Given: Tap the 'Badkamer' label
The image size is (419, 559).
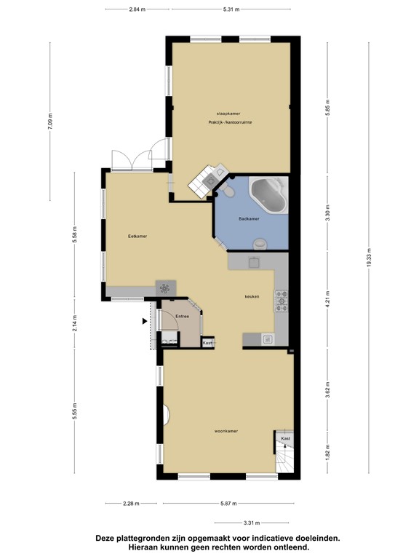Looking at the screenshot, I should [249, 218].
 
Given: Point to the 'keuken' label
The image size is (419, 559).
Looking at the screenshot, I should [252, 297].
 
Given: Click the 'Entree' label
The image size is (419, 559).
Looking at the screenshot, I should [183, 316].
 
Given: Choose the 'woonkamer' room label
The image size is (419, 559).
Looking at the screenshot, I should [227, 432].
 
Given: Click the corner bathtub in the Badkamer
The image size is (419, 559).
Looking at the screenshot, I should [268, 194].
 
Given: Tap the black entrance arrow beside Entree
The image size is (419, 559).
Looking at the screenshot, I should [143, 320].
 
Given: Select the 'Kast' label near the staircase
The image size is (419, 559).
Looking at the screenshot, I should [286, 439].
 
